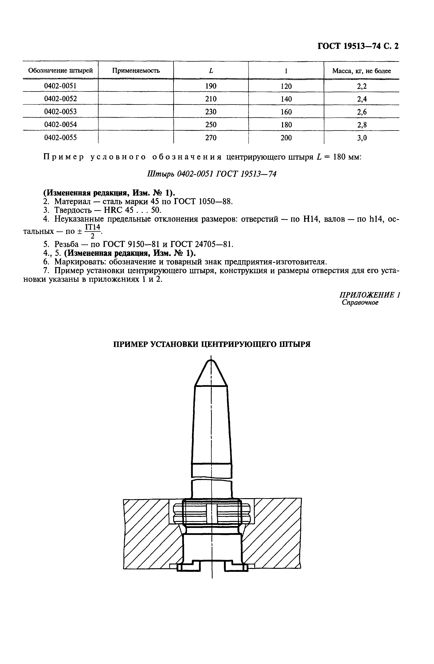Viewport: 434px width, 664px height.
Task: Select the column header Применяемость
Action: click(x=136, y=71)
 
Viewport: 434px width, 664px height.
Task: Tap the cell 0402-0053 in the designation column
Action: click(x=60, y=112)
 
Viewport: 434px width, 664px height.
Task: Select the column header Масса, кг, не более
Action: click(x=361, y=71)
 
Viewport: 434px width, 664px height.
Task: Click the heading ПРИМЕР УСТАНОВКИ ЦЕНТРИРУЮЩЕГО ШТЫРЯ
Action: click(x=212, y=344)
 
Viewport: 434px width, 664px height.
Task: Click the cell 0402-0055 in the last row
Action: click(x=60, y=138)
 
